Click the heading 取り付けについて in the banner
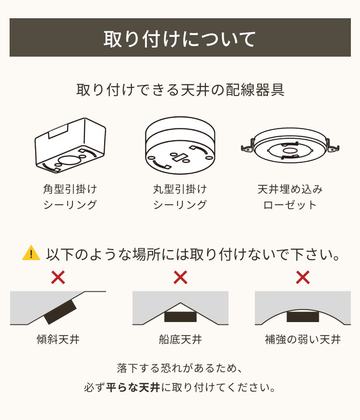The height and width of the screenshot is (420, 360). click(180, 38)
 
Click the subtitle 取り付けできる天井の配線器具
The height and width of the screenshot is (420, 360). click(180, 90)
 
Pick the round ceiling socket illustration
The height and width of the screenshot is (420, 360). click(180, 146)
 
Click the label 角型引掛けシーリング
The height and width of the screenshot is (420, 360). click(70, 197)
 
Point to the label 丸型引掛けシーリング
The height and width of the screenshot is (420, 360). click(180, 197)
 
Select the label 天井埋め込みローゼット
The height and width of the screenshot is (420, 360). click(290, 197)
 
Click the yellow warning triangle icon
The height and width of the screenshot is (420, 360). click(31, 253)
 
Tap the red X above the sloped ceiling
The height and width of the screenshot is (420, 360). click(58, 277)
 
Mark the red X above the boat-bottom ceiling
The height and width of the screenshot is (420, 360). click(180, 277)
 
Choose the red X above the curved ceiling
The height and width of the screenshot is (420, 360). click(302, 277)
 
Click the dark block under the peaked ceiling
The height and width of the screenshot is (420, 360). click(180, 317)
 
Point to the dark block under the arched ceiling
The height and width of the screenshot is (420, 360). click(303, 317)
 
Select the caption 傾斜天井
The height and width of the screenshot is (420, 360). click(58, 340)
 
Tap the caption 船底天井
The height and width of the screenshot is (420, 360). click(180, 340)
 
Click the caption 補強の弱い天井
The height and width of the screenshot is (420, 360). click(302, 340)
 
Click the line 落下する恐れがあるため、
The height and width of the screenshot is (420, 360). click(180, 368)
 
